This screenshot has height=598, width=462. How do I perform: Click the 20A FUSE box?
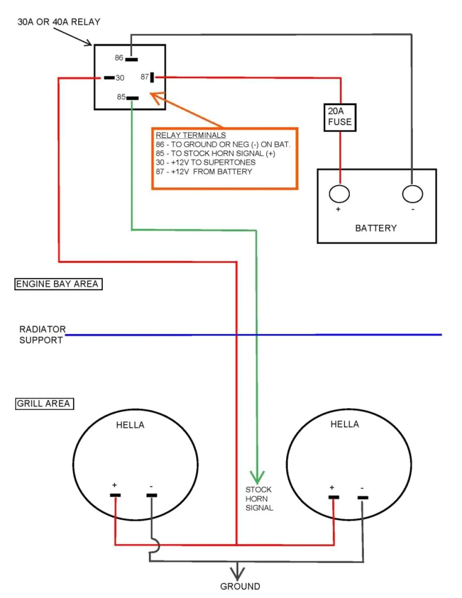(340, 117)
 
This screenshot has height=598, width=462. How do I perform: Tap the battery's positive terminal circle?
(339, 194)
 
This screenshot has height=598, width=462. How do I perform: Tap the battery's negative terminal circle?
(412, 194)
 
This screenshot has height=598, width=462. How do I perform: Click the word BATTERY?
(376, 228)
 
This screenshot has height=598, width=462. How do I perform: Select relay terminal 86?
(132, 59)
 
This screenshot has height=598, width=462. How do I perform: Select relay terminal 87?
(152, 77)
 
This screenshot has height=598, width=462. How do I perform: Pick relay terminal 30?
(109, 78)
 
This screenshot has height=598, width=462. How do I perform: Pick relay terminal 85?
(132, 98)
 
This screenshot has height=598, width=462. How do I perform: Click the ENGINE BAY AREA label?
(58, 284)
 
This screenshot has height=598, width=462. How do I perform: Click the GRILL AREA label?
(44, 404)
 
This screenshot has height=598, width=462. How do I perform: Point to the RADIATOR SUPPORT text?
(41, 335)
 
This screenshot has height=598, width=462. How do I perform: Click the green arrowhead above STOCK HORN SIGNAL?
(257, 477)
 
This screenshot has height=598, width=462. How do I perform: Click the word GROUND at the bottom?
(240, 587)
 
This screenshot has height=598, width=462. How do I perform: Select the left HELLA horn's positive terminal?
(115, 495)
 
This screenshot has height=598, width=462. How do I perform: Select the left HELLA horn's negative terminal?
(151, 495)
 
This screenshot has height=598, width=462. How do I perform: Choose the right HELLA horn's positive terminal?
(334, 497)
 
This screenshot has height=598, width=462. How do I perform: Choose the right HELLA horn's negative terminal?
(362, 498)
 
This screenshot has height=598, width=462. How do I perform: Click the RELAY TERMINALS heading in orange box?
(190, 135)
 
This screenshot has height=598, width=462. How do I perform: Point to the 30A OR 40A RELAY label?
(58, 22)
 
